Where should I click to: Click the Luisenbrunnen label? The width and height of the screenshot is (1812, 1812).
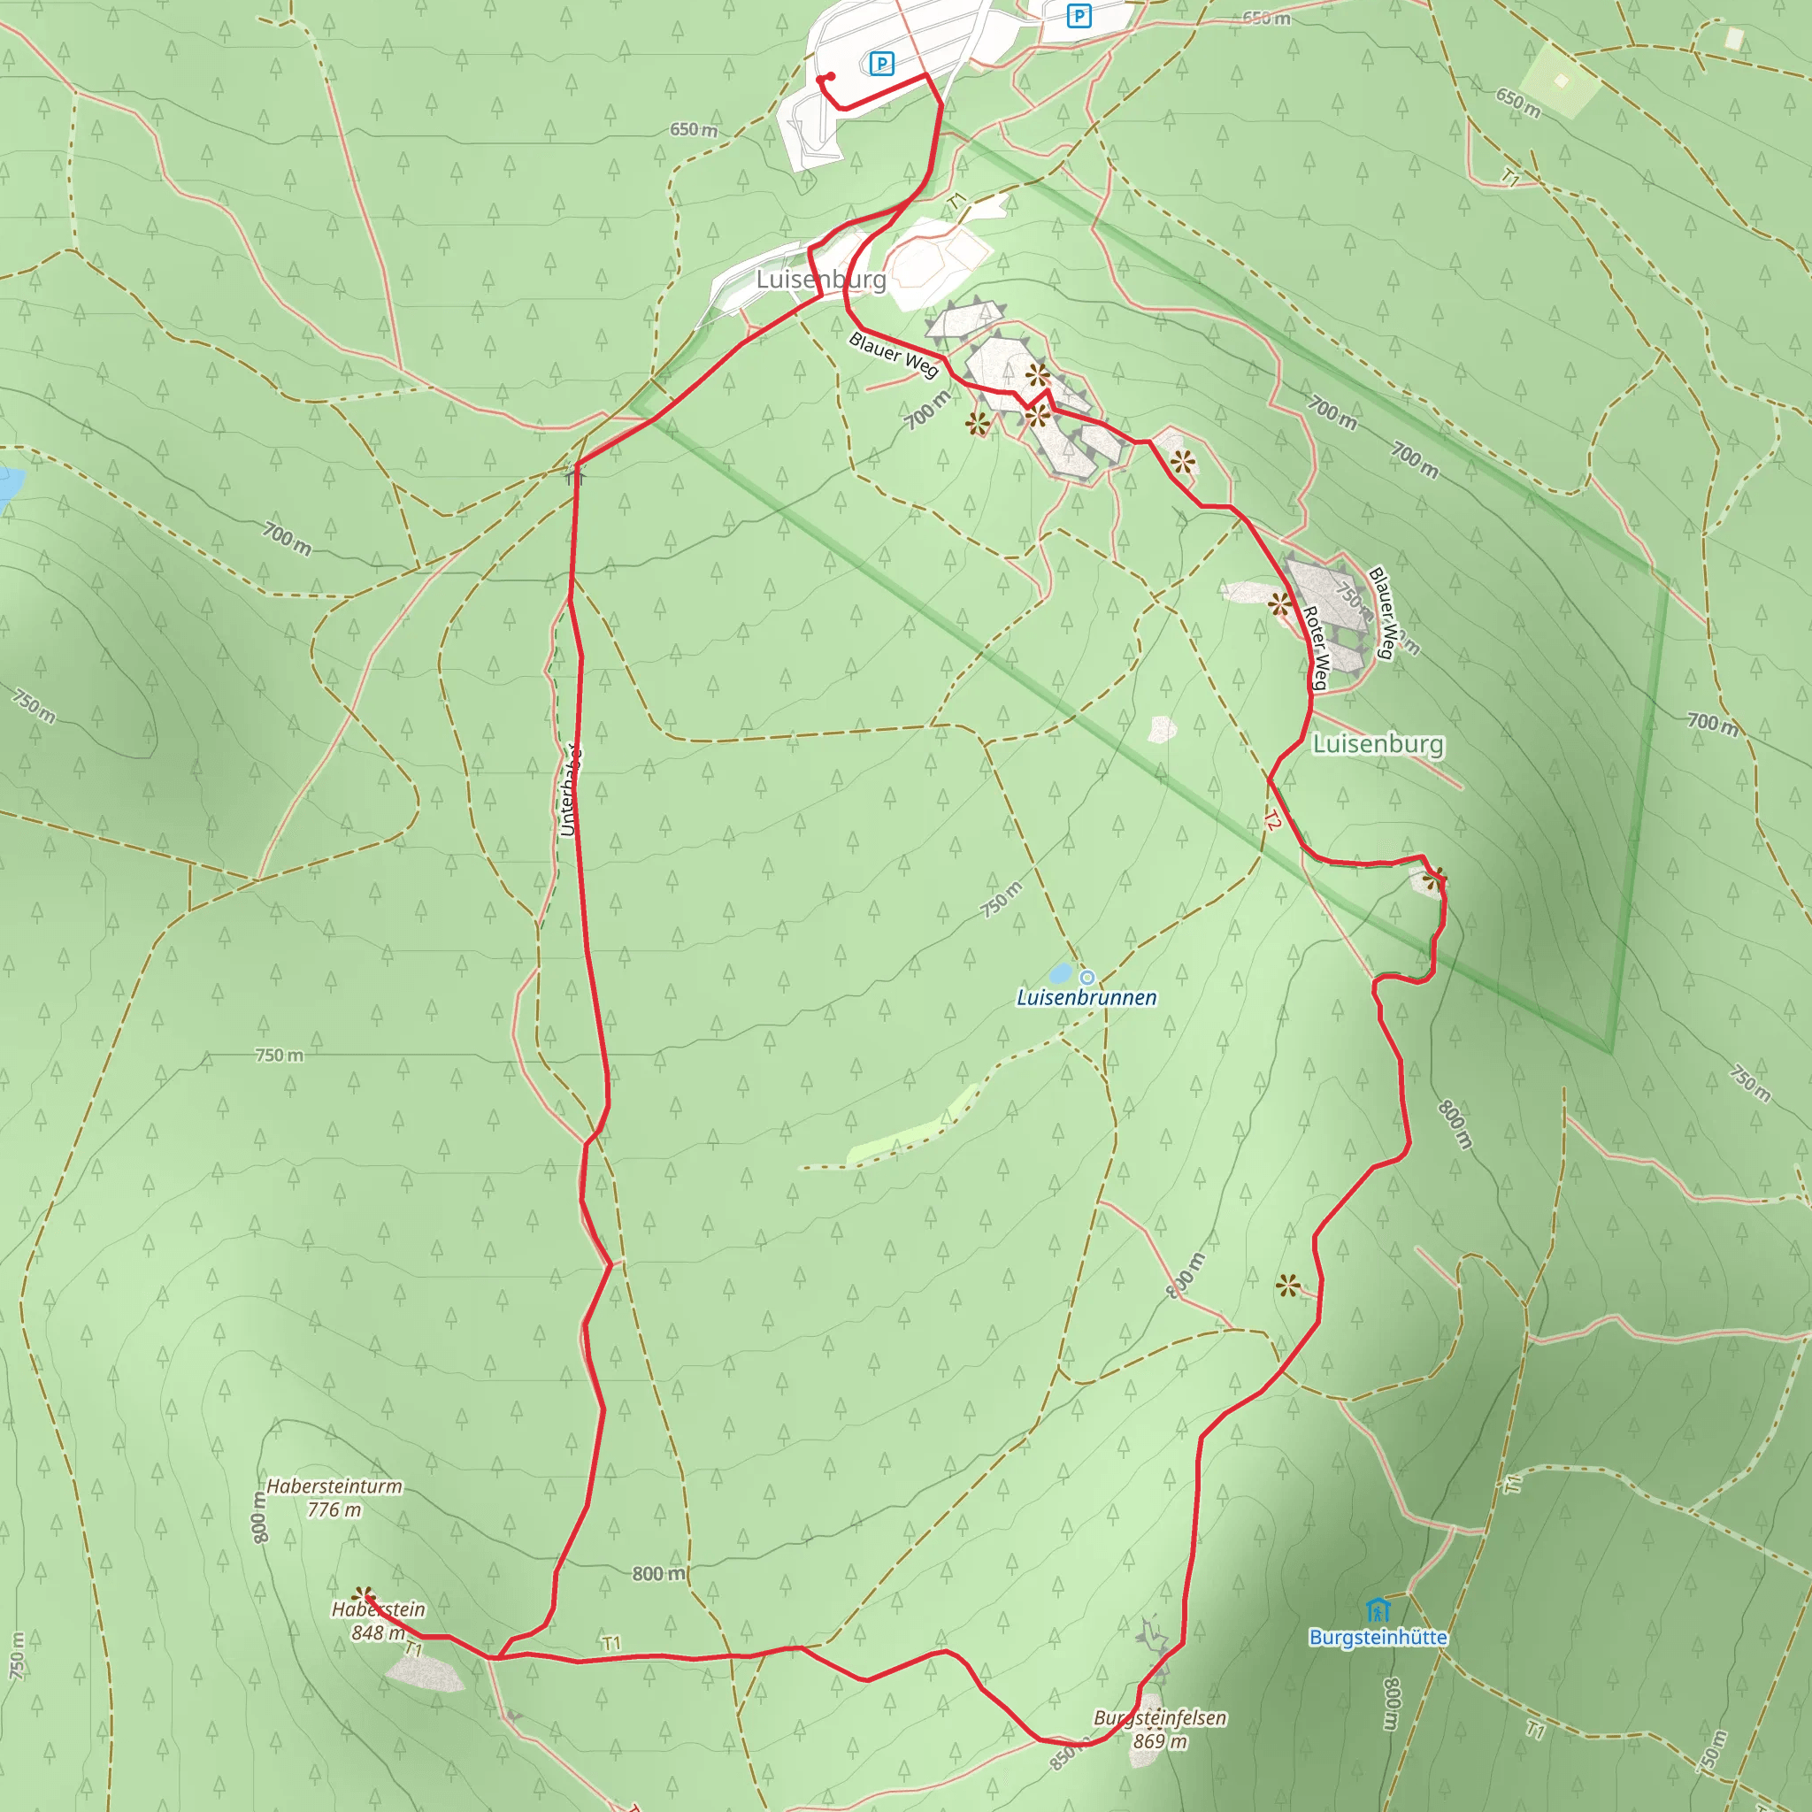1086,997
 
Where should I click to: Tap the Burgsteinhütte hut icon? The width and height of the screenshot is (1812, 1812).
1377,1609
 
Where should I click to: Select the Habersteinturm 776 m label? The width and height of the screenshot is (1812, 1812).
334,1498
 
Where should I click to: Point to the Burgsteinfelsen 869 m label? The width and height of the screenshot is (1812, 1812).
1160,1729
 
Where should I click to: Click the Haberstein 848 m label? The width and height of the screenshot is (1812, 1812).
378,1621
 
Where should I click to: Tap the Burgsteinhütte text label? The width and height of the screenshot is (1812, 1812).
1378,1638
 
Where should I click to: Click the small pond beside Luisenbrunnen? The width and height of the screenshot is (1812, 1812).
1061,971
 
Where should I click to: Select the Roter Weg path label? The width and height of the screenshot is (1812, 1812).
1316,648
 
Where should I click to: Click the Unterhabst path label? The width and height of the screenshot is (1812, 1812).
568,788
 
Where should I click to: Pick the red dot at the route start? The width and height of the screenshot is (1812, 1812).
830,77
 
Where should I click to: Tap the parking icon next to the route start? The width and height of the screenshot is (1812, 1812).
880,64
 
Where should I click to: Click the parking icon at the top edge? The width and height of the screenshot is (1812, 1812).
1079,16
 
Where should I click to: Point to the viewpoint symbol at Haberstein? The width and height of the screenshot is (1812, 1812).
363,1595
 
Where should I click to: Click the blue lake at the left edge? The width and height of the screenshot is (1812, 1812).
7,484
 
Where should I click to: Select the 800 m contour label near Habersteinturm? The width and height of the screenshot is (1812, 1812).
260,1516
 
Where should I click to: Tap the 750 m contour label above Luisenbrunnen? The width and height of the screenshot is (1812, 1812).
1001,900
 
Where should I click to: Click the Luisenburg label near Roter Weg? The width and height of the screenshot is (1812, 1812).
1378,744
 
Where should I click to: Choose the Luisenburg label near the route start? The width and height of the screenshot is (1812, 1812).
821,280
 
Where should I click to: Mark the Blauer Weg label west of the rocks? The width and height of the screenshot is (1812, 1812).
894,354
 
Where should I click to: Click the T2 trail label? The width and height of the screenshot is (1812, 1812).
1271,821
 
